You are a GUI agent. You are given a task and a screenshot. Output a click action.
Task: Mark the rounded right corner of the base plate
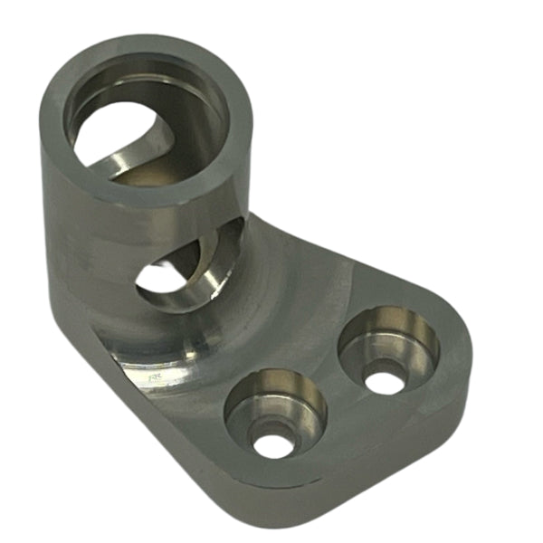click(x=457, y=362)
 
